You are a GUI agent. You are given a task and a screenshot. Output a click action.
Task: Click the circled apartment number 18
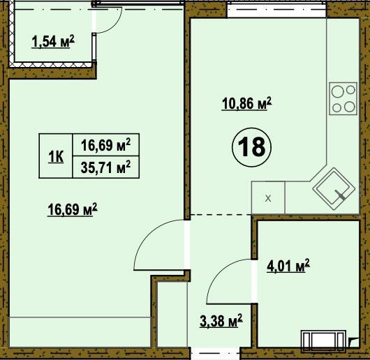(x=252, y=147)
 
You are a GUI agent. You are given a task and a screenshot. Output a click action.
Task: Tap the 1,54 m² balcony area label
(x=53, y=41)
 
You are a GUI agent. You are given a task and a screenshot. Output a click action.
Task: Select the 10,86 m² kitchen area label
(x=247, y=103)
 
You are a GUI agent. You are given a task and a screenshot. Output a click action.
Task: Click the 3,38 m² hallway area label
(x=221, y=321)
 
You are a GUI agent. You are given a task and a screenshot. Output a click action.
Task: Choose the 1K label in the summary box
(x=56, y=157)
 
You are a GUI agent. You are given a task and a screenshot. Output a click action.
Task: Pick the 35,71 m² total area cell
(x=105, y=167)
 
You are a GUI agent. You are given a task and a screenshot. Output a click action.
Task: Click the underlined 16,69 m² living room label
(x=73, y=209)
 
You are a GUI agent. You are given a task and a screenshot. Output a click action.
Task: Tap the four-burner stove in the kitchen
(x=343, y=98)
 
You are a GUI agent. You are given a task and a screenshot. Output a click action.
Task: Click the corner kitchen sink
(x=334, y=188)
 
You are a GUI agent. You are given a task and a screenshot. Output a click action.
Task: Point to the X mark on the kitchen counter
(x=268, y=198)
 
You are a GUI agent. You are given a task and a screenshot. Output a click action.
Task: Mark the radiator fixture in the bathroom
(x=323, y=340)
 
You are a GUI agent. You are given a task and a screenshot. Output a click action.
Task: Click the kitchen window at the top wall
(x=277, y=10)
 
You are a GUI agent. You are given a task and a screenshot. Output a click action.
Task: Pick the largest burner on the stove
(x=337, y=91)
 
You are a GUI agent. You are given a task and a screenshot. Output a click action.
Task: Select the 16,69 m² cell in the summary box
(x=105, y=144)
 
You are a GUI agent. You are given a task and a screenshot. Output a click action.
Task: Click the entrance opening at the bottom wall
(x=215, y=353)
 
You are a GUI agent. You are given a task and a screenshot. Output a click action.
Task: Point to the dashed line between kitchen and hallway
(x=221, y=215)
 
